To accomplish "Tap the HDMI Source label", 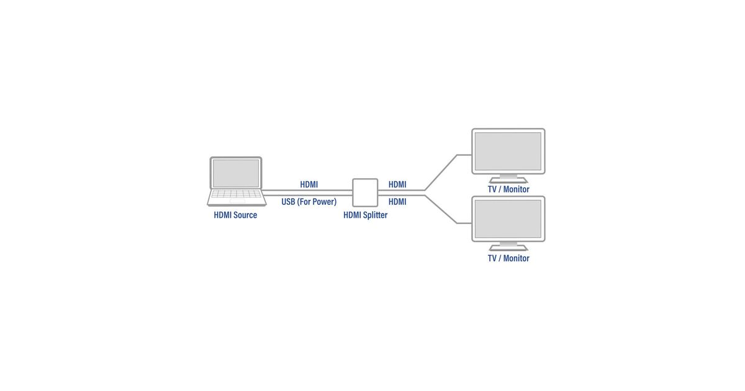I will pos(235,215).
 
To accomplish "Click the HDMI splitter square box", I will pos(365,192).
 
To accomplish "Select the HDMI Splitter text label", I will pos(365,215).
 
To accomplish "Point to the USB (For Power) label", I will pos(309,202).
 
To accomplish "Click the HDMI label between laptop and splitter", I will pos(309,184).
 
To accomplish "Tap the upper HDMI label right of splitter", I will pos(397,184).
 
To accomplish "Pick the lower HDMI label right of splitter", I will pos(397,202).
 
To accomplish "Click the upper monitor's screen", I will pos(508,151).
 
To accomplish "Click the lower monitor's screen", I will pos(508,218).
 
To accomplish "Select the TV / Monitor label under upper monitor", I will pos(508,189).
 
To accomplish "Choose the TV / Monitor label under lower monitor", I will pos(508,258).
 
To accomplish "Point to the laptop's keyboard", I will pos(235,197).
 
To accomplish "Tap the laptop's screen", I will pos(236,173).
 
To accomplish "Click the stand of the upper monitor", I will pos(508,178).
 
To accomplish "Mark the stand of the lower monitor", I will pos(508,246).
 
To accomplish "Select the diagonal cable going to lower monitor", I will pos(441,209).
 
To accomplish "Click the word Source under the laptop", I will pos(245,215).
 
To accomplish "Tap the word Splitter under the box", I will pos(374,215).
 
